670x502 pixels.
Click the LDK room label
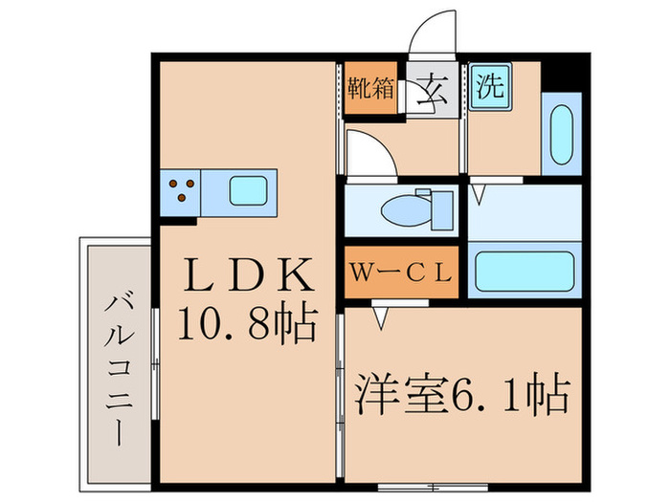[248, 277]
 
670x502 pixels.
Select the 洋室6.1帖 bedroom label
[464, 392]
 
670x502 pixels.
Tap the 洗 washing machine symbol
[490, 87]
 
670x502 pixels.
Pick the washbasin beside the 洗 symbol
[561, 135]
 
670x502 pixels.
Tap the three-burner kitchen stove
[182, 188]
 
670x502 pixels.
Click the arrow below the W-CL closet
[381, 315]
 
